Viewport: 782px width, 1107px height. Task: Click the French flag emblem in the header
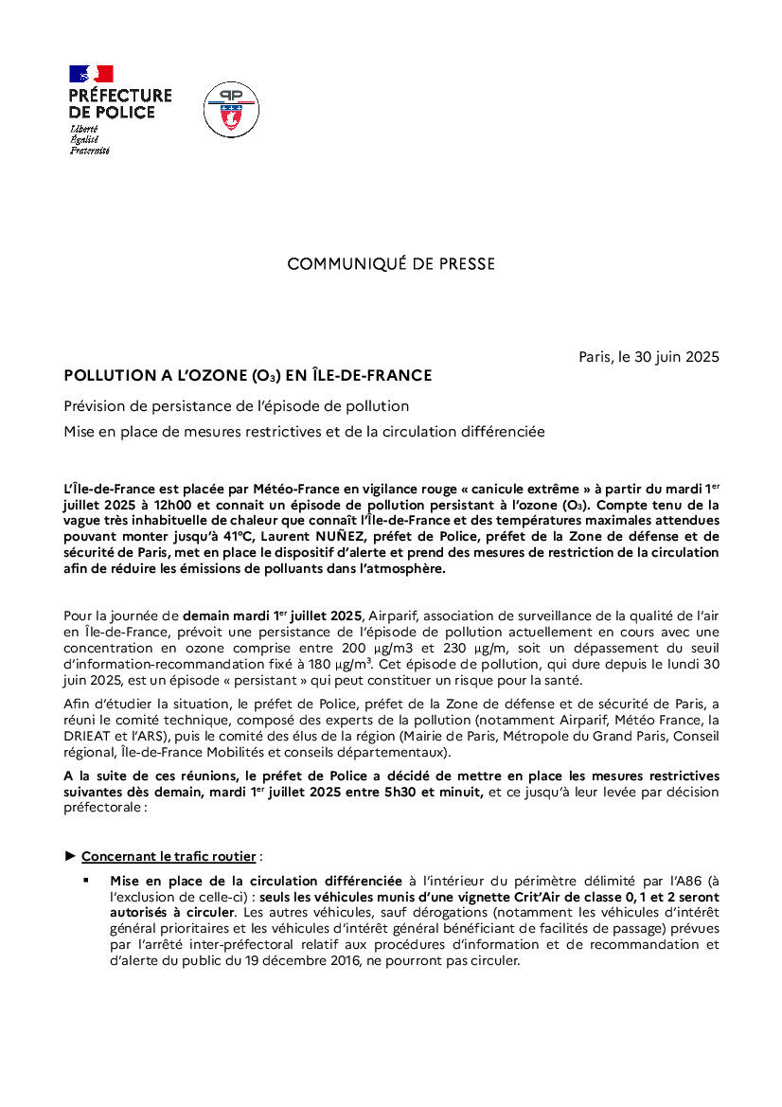91,73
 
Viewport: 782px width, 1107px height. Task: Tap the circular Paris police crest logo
231,109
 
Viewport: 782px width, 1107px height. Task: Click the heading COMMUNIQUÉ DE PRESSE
391,264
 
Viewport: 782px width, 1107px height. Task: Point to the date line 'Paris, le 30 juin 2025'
649,357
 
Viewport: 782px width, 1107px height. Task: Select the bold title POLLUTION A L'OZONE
247,376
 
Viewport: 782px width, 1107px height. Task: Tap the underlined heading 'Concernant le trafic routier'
169,856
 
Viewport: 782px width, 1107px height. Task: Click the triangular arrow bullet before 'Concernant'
70,856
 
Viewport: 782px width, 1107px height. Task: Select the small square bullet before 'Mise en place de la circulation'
86,880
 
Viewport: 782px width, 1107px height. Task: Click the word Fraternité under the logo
90,151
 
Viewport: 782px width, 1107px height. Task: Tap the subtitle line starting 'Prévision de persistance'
236,406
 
